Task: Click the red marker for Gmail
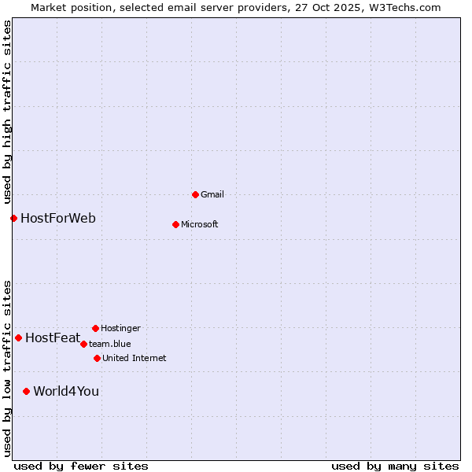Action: click(x=195, y=194)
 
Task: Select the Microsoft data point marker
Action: click(x=175, y=224)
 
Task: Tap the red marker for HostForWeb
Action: click(x=13, y=218)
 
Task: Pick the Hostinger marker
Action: click(x=95, y=328)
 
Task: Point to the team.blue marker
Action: click(x=83, y=344)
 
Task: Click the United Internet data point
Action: click(x=97, y=358)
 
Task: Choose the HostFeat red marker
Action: click(x=18, y=337)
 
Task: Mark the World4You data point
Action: click(x=26, y=391)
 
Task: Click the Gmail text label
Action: click(x=212, y=194)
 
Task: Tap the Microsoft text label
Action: click(x=200, y=224)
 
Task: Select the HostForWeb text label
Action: click(x=58, y=218)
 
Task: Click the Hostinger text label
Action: click(x=120, y=328)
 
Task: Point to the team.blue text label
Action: click(x=110, y=344)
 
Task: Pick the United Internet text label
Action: click(x=135, y=358)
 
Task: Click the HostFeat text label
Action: click(x=53, y=338)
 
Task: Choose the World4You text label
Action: click(x=66, y=391)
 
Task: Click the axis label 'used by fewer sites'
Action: click(x=81, y=466)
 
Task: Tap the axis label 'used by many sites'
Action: click(x=395, y=466)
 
